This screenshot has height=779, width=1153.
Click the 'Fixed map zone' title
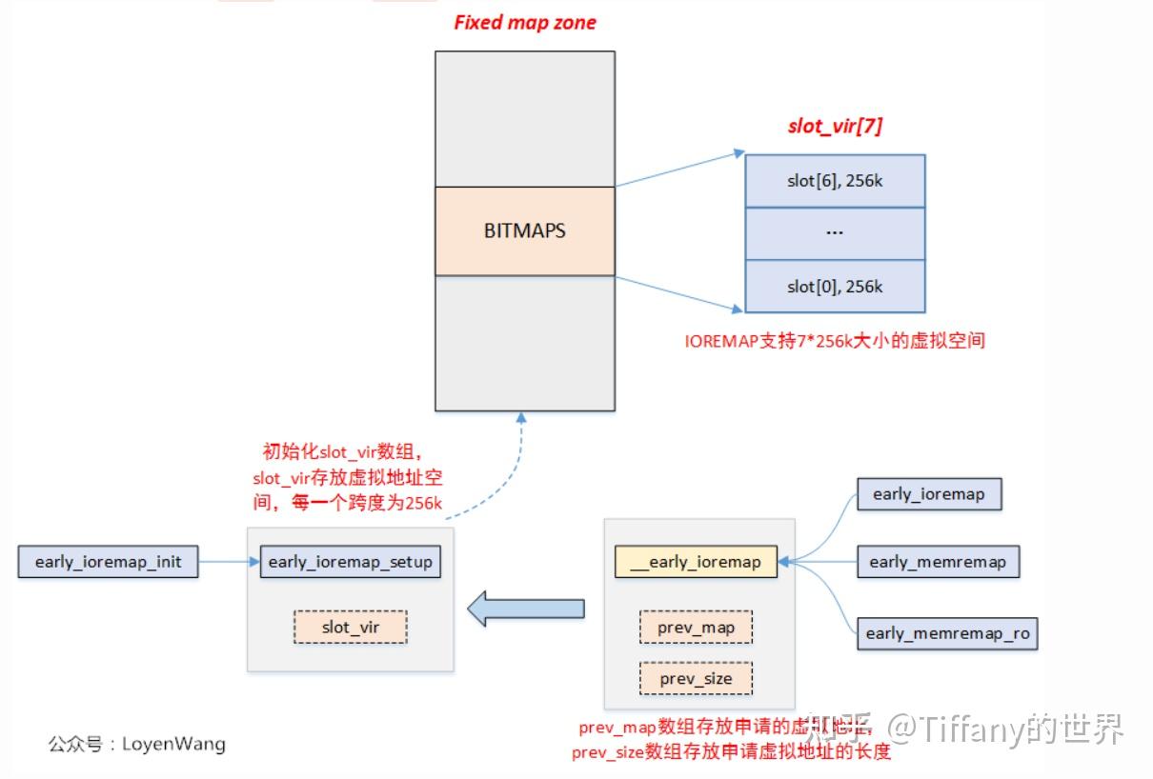[525, 23]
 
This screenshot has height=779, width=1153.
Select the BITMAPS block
[525, 230]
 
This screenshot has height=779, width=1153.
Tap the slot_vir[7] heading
[834, 127]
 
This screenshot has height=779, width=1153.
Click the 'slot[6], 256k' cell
[834, 181]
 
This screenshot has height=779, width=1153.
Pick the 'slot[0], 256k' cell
[834, 287]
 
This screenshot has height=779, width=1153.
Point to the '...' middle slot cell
[834, 233]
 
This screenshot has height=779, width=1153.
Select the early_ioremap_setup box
[350, 562]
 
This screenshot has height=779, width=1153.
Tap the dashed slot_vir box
[350, 627]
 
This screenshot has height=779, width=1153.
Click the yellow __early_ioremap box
[696, 562]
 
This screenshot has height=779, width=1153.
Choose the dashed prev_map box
[696, 628]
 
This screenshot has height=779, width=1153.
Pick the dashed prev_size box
[696, 679]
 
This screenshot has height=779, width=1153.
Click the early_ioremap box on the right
[928, 494]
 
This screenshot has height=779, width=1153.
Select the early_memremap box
[937, 562]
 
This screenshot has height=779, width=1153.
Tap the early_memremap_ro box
[947, 633]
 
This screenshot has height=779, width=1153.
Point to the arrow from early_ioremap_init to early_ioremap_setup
[228, 562]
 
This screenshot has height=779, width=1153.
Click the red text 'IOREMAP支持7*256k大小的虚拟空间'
[834, 341]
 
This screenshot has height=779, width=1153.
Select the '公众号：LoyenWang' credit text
[137, 744]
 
